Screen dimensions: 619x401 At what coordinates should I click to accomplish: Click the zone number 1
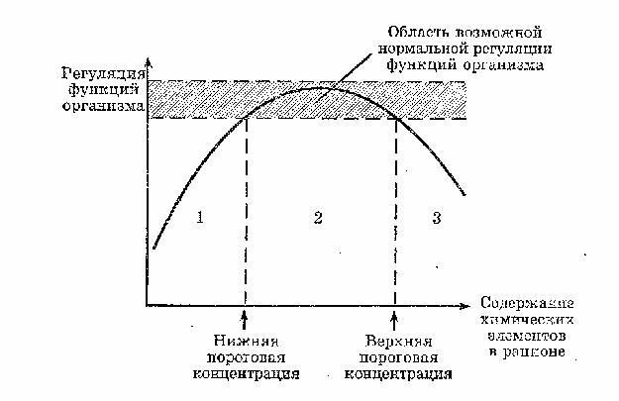[x=200, y=218]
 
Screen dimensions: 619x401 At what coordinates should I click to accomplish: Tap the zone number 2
[x=318, y=218]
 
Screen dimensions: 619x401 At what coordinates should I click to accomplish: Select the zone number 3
[x=437, y=218]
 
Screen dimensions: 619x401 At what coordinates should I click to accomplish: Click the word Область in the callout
[x=415, y=32]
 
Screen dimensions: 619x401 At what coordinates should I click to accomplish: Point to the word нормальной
[x=422, y=49]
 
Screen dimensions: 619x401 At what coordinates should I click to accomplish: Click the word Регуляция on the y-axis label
[x=103, y=74]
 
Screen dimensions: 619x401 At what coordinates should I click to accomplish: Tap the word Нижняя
[x=246, y=341]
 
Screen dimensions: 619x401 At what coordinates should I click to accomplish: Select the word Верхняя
[x=398, y=341]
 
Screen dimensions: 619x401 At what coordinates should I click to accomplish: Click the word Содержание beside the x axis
[x=527, y=303]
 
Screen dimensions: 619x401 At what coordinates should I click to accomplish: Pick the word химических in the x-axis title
[x=527, y=319]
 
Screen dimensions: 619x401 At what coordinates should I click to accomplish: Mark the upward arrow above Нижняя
[x=245, y=320]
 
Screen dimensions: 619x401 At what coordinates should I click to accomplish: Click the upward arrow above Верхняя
[x=394, y=320]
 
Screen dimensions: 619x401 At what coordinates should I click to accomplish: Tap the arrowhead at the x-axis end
[x=465, y=306]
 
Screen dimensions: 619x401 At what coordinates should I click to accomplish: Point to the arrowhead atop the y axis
[x=148, y=63]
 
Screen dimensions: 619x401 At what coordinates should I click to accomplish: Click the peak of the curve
[x=318, y=88]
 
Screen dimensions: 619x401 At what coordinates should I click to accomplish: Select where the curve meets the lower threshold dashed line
[x=246, y=118]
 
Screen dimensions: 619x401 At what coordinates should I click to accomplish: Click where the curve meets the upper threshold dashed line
[x=396, y=118]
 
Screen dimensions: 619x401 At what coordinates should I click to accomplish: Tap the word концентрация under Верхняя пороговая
[x=398, y=373]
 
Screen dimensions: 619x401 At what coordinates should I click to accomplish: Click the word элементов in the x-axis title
[x=527, y=336]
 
